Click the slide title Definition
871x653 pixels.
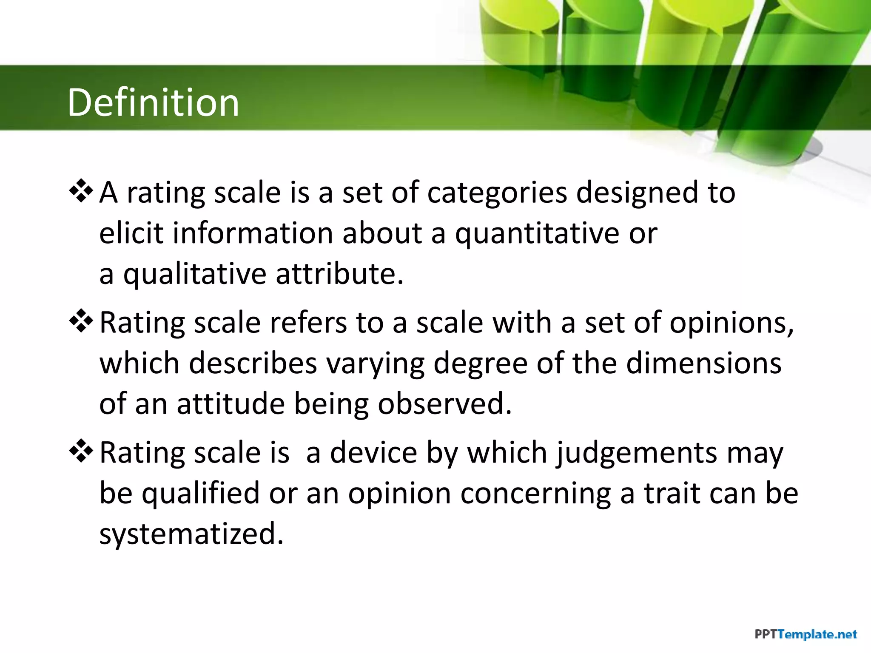[x=153, y=102]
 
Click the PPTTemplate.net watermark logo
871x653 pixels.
[x=805, y=635]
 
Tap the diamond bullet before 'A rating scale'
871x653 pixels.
[x=81, y=191]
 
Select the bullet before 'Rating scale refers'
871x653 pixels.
[x=81, y=321]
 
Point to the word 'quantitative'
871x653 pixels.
[x=537, y=234]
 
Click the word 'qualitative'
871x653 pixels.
[x=195, y=274]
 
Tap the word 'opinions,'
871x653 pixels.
[x=732, y=323]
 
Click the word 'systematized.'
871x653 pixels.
[x=191, y=534]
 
